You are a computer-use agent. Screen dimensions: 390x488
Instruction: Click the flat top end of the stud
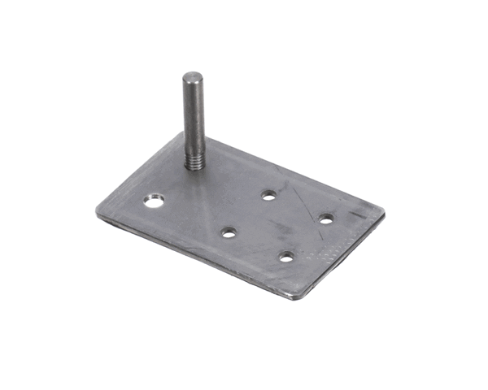193,77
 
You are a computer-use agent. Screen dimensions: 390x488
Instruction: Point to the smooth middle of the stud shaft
193,114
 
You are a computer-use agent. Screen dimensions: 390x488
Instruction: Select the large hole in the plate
153,200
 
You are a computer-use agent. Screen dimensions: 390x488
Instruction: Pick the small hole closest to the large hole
229,232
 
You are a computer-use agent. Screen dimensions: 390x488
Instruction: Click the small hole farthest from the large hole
325,219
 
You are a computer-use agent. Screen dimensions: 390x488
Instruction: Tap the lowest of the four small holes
286,257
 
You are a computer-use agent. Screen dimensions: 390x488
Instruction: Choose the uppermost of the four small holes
268,194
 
